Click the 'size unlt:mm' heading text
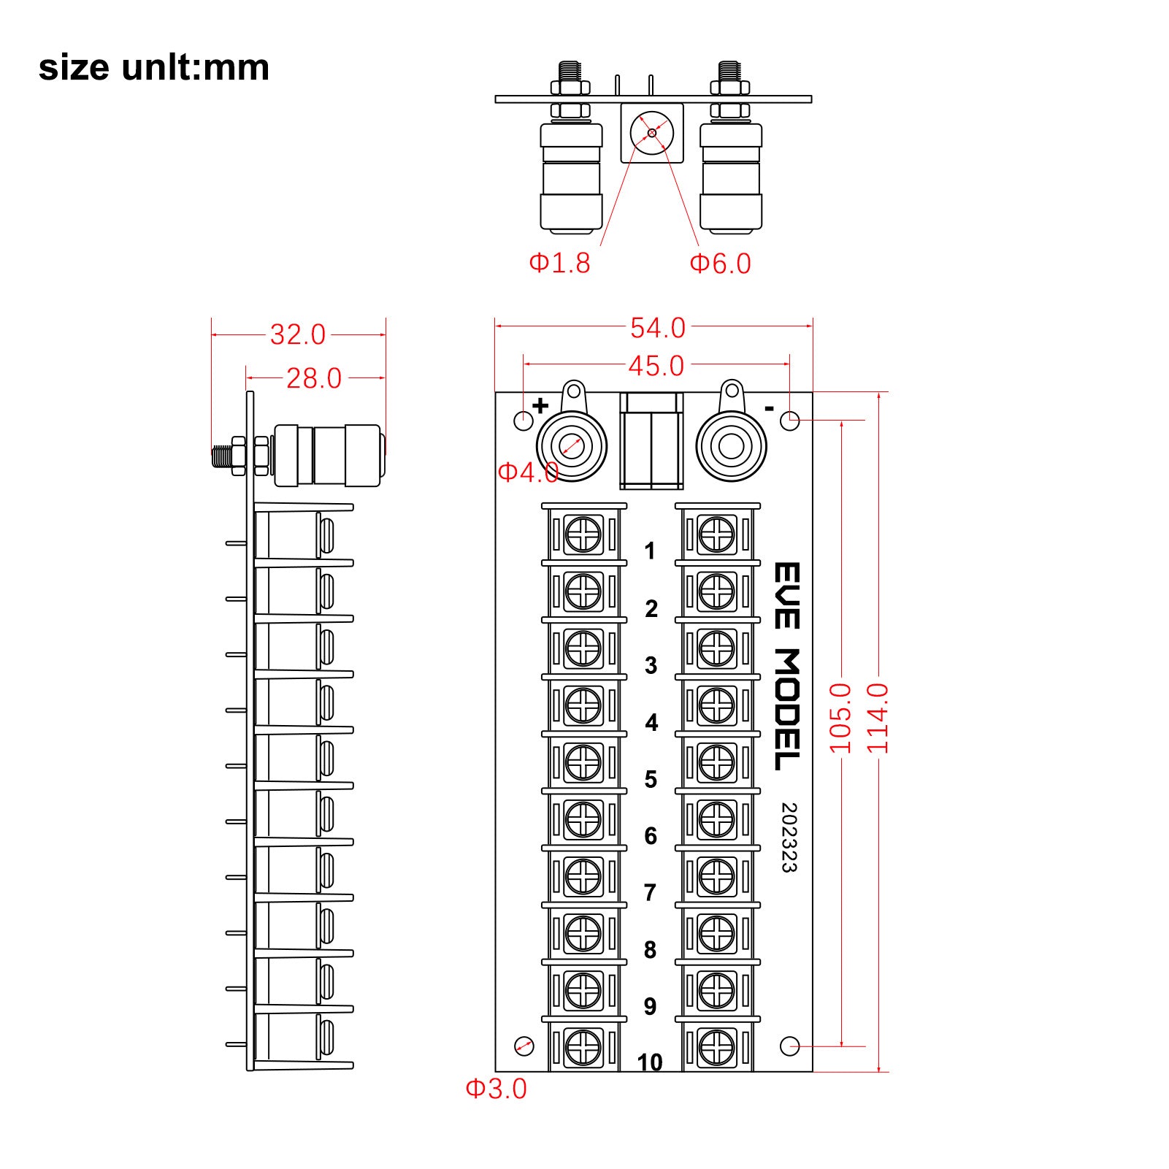[x=153, y=67]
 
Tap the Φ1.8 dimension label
[x=559, y=263]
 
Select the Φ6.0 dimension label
[x=720, y=264]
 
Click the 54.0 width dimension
[x=657, y=328]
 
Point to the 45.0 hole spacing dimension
[x=656, y=365]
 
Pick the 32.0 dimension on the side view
[x=297, y=334]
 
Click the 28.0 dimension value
[x=313, y=378]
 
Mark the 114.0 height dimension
[x=878, y=718]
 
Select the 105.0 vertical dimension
[x=840, y=718]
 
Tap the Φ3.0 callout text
[x=496, y=1089]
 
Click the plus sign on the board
[x=540, y=406]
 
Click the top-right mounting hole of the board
[x=790, y=421]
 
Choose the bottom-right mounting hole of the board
[x=789, y=1046]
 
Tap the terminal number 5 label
[x=651, y=779]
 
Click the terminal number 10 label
[x=649, y=1062]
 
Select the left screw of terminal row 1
[x=583, y=534]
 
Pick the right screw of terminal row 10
[x=716, y=1046]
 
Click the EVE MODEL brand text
[x=787, y=666]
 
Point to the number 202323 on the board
[x=789, y=838]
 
